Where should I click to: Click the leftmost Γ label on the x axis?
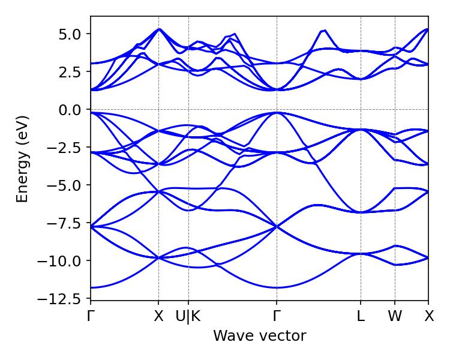91,316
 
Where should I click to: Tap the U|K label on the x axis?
188,316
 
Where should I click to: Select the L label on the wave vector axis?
361,316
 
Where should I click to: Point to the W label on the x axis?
395,316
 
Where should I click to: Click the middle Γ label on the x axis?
277,316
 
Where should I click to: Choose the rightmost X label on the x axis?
429,316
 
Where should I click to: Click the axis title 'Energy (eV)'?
22,158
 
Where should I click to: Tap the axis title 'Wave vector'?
259,336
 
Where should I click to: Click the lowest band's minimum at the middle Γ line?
277,288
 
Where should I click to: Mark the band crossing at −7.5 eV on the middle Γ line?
277,226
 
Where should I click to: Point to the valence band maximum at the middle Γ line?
277,112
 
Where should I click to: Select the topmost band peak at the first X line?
158,29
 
